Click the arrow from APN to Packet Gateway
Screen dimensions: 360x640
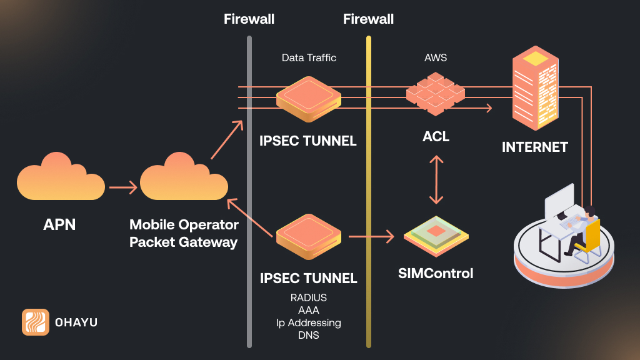pyautogui.click(x=122, y=187)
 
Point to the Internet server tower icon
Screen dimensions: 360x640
pyautogui.click(x=535, y=89)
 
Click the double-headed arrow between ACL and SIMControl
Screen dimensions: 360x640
pyautogui.click(x=436, y=179)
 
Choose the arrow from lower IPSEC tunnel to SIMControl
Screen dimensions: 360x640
pyautogui.click(x=371, y=237)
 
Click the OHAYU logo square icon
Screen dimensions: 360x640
pyautogui.click(x=36, y=322)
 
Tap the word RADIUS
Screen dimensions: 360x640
pyautogui.click(x=309, y=297)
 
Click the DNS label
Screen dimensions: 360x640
pyautogui.click(x=309, y=335)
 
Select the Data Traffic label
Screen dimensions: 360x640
pyautogui.click(x=309, y=58)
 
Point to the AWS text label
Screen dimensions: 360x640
pyautogui.click(x=436, y=58)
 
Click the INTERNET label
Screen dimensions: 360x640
pyautogui.click(x=535, y=147)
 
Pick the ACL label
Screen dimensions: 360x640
pyautogui.click(x=436, y=136)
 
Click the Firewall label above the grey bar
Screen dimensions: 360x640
pyautogui.click(x=249, y=19)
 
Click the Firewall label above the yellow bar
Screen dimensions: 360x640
pyautogui.click(x=368, y=19)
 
